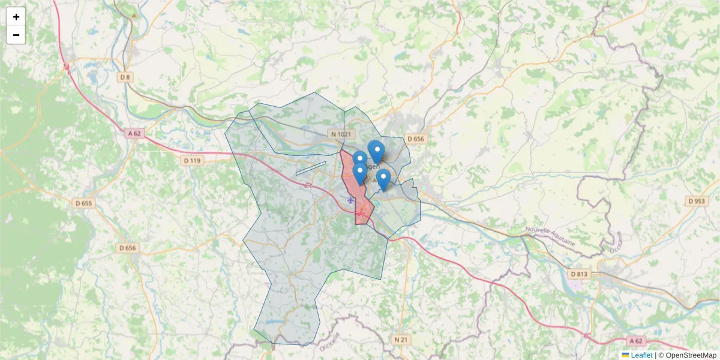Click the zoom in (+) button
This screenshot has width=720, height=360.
[16, 17]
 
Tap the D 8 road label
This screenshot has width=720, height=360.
[125, 77]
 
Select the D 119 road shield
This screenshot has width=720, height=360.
[191, 161]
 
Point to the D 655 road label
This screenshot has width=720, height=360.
[84, 203]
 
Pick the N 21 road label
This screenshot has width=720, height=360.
[401, 340]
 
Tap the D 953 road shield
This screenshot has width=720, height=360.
[696, 201]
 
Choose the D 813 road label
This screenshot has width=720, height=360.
[580, 274]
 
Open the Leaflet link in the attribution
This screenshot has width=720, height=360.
[641, 355]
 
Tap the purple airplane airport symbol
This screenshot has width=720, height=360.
[351, 199]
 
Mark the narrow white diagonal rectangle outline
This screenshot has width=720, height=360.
[311, 168]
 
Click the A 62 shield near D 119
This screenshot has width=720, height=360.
[134, 133]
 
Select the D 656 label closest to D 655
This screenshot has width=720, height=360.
[127, 248]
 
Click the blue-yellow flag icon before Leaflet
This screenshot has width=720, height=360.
[625, 355]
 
